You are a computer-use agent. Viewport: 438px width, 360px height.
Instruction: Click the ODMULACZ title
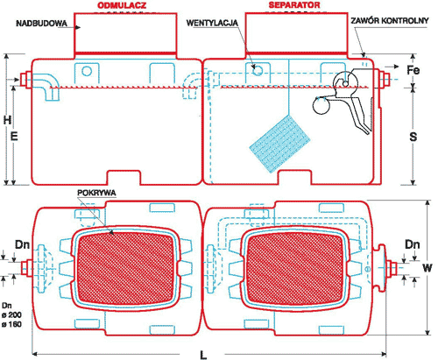122,5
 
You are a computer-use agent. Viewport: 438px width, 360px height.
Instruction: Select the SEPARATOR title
294,5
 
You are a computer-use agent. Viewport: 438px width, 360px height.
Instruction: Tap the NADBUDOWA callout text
41,24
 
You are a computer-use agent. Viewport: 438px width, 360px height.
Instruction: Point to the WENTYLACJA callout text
212,23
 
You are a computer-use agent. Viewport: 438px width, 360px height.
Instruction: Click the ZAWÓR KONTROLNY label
390,21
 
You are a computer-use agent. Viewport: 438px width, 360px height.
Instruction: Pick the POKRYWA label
96,193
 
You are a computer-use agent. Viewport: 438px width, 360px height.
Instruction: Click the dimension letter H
8,120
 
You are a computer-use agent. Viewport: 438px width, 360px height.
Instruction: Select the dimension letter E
14,137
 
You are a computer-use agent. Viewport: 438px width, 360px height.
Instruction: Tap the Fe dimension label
413,70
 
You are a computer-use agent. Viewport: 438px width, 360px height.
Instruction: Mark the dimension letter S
413,137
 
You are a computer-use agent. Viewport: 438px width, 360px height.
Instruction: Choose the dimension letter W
427,268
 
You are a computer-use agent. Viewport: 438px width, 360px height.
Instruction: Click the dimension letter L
203,355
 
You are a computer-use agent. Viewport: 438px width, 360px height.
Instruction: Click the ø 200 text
11,314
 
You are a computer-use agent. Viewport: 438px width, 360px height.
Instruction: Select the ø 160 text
11,324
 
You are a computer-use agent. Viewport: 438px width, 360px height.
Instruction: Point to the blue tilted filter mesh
279,144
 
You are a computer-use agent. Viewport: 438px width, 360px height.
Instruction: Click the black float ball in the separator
321,105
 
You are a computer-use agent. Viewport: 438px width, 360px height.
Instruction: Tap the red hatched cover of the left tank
126,268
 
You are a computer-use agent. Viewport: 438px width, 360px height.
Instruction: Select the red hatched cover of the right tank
295,269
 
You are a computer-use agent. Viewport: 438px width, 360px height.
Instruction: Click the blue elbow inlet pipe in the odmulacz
46,85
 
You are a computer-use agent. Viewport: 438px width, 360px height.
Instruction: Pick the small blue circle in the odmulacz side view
87,71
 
